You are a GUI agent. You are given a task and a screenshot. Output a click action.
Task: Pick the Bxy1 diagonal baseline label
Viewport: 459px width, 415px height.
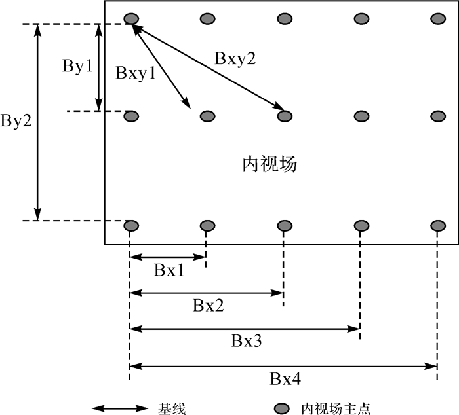[x=136, y=73]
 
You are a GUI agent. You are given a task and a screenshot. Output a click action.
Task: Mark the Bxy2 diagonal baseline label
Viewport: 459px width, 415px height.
[x=235, y=58]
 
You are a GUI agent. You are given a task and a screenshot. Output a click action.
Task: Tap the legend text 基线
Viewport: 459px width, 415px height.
[x=172, y=408]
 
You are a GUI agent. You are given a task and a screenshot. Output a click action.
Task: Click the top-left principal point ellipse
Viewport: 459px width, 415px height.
[x=131, y=18]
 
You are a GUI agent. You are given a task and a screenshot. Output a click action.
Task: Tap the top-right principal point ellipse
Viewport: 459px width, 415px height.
[x=437, y=18]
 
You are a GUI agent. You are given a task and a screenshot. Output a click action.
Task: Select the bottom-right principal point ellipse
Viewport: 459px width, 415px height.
[x=437, y=226]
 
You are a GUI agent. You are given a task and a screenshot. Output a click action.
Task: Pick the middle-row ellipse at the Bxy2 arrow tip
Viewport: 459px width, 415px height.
[x=284, y=116]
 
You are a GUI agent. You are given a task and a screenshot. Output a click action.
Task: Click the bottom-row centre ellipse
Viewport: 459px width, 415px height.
[x=284, y=226]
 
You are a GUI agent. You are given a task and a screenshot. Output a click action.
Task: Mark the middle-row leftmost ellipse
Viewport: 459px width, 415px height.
[x=131, y=116]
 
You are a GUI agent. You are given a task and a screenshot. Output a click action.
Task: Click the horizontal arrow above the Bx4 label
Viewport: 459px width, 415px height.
[x=283, y=365]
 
